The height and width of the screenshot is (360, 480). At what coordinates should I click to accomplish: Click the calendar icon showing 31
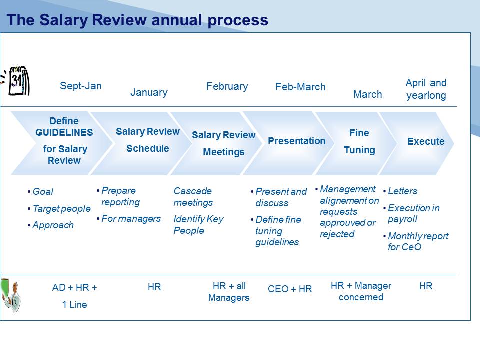[x=19, y=81]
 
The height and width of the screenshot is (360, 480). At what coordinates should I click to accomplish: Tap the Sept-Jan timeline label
[x=81, y=86]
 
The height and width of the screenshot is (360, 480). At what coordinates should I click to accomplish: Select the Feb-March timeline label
[x=300, y=87]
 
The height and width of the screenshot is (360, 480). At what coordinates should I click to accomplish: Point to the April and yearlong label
[x=426, y=89]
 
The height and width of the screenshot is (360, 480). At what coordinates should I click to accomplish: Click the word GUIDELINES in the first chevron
[x=64, y=132]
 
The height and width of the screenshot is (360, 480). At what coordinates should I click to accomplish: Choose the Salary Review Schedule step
[x=148, y=140]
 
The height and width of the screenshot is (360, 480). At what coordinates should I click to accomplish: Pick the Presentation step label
[x=296, y=141]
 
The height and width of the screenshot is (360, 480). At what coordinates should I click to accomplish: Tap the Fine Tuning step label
[x=359, y=141]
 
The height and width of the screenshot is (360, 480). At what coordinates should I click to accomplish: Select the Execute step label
[x=426, y=141]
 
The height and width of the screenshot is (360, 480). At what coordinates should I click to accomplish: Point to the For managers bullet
[x=129, y=219]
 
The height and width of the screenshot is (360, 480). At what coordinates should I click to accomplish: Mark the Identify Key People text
[x=198, y=224]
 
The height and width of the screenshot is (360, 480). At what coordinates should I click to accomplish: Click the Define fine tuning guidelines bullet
[x=276, y=231]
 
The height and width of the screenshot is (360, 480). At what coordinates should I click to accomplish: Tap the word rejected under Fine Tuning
[x=337, y=234]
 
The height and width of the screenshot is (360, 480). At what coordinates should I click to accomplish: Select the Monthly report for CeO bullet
[x=416, y=241]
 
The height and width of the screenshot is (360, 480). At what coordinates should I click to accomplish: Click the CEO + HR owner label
[x=290, y=289]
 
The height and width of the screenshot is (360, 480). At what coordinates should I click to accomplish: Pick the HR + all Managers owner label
[x=229, y=292]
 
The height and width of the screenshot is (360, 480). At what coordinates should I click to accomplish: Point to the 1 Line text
[x=74, y=304]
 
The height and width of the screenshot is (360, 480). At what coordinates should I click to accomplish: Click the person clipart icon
[x=11, y=295]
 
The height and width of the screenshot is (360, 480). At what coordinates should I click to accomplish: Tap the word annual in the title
[x=176, y=20]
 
